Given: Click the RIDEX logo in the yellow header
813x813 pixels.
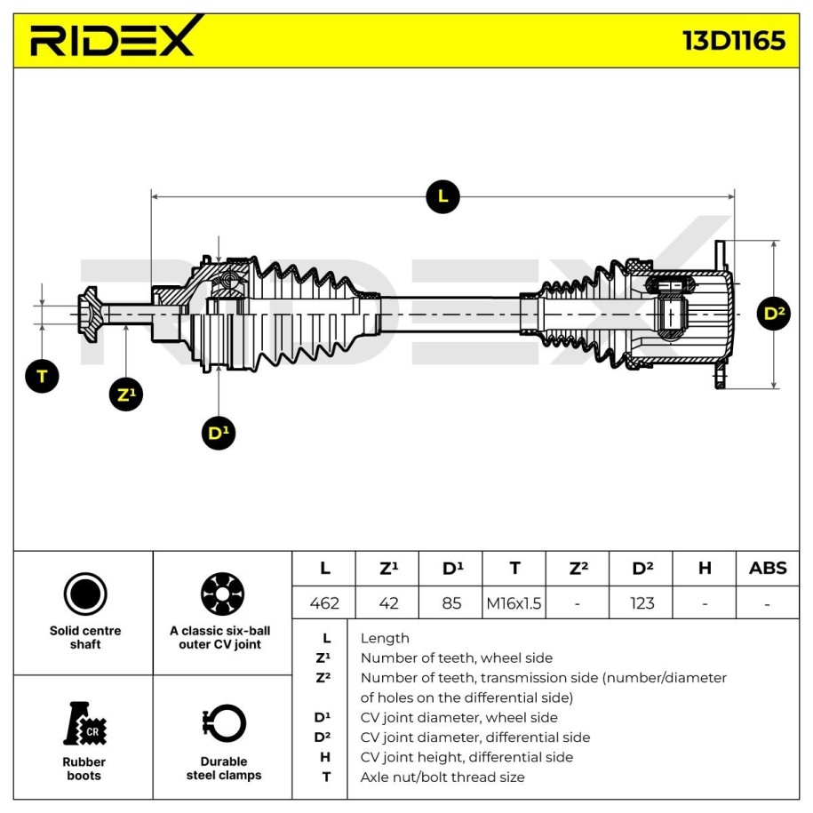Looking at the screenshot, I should (112, 39).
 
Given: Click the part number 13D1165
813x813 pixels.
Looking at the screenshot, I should (733, 40).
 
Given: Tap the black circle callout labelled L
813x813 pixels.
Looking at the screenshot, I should (442, 195).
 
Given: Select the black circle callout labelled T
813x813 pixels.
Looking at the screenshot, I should (42, 375).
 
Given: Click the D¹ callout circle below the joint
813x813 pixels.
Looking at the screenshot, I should (219, 433).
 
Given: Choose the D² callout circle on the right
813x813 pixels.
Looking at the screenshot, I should (772, 313).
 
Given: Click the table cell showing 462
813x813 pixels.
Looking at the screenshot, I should (324, 602).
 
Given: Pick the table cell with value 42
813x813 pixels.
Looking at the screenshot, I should (388, 602).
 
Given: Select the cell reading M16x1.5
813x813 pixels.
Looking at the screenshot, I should (514, 602).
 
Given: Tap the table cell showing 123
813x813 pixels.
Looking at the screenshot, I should (642, 602).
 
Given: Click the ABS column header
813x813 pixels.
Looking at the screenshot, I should (767, 568).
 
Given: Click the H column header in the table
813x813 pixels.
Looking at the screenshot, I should (704, 568).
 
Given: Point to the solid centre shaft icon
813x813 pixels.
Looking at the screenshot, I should (85, 594).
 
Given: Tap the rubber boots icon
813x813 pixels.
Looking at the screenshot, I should (85, 723).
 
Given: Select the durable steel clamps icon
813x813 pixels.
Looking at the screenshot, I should (224, 723).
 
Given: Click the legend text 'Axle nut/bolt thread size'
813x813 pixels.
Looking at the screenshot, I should (442, 777).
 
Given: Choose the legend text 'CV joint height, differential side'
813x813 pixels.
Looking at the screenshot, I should (466, 757).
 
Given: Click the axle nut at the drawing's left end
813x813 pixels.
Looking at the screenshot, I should (90, 314).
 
